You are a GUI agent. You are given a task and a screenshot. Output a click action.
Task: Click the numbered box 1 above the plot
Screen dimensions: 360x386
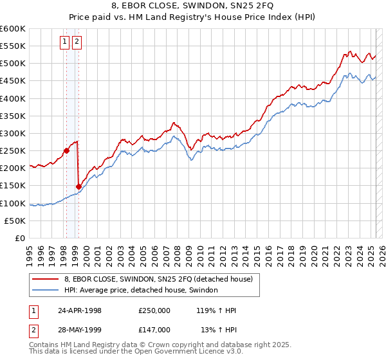66,42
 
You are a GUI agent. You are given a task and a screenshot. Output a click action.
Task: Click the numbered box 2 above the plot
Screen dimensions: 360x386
77,42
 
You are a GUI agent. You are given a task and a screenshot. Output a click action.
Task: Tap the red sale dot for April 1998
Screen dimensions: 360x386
66,151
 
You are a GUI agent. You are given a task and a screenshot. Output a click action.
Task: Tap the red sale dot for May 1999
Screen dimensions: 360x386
78,186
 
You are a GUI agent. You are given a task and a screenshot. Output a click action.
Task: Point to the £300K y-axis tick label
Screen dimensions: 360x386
12,133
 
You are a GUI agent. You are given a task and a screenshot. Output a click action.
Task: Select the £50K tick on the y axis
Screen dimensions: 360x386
14,221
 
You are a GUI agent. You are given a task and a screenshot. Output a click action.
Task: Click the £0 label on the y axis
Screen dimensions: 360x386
19,238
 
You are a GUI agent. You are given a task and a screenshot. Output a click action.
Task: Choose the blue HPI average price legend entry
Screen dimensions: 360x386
141,290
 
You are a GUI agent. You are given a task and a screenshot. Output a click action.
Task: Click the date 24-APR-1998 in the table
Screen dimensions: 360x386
80,310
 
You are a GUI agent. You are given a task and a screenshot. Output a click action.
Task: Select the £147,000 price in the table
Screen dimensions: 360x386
154,330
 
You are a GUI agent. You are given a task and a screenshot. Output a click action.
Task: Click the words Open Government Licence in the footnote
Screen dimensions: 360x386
179,352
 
